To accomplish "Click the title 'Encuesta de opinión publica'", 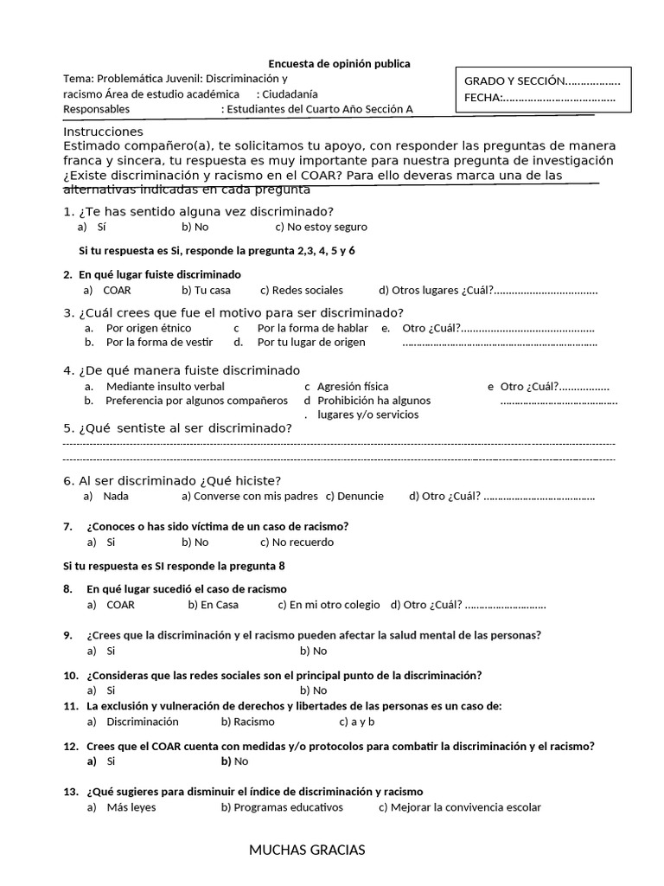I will [339, 64].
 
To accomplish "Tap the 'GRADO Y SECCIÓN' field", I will [542, 80].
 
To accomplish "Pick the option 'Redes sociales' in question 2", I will [301, 290].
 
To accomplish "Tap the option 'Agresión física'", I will [353, 387].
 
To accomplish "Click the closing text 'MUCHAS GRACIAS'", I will [307, 850].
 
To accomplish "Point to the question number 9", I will [68, 635].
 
